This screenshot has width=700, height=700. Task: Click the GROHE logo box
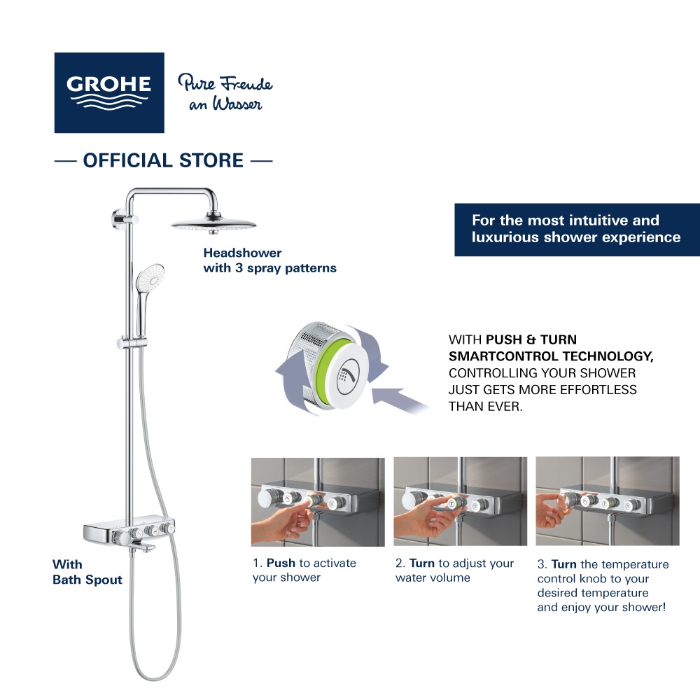[x=109, y=92]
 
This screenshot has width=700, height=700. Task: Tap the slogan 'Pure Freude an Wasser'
[x=225, y=93]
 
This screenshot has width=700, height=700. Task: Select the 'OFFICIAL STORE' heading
[x=163, y=160]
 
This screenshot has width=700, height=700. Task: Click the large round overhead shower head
[x=213, y=226]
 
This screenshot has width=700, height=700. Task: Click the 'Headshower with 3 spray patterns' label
[x=269, y=260]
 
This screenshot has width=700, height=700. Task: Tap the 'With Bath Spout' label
[x=87, y=572]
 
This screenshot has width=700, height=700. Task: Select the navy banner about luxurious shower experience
[x=576, y=229]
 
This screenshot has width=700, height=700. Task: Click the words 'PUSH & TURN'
[x=533, y=339]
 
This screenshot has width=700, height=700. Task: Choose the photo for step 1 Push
[x=318, y=502]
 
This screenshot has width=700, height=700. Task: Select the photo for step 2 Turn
[x=460, y=502]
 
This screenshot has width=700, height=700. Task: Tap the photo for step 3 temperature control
[x=607, y=502]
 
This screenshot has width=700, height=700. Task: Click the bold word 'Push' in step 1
[x=281, y=563]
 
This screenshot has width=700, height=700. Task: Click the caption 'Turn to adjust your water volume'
[x=454, y=570]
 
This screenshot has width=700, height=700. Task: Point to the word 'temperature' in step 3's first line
[x=633, y=564]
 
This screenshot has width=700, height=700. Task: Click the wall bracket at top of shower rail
[x=116, y=219]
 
